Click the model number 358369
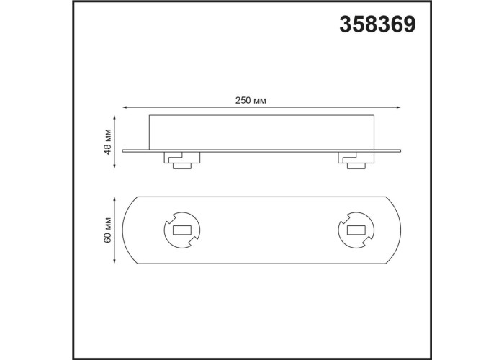[377, 24]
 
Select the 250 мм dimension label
[251, 101]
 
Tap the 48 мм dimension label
[108, 142]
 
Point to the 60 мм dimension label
[108, 230]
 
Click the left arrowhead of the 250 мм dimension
[125, 107]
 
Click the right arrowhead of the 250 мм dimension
[398, 107]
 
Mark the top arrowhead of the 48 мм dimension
[114, 118]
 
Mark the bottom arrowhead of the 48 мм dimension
[114, 165]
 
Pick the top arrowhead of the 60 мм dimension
[114, 200]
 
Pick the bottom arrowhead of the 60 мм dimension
[114, 261]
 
